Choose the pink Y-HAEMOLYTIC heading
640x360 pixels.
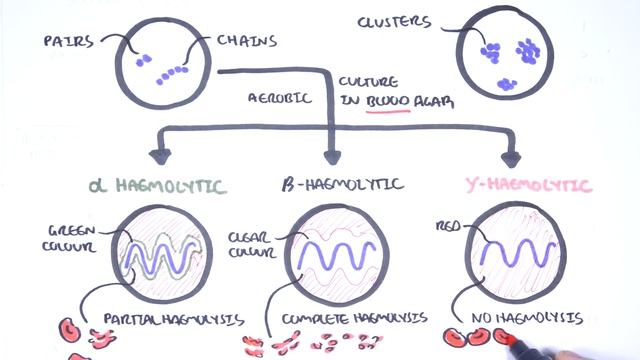coord(527,186)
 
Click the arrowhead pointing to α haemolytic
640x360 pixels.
coord(157,156)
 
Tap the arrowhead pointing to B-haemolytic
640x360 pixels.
coord(332,156)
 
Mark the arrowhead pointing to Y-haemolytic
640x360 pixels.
coord(514,156)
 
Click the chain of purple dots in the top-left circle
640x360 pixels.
coord(176,71)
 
